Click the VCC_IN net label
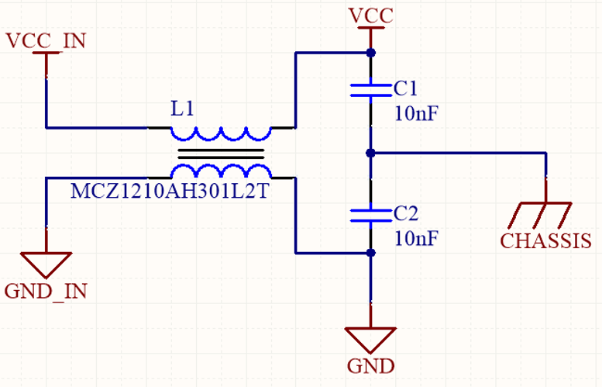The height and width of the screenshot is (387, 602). pyautogui.click(x=46, y=40)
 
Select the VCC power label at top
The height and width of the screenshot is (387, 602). pyautogui.click(x=371, y=15)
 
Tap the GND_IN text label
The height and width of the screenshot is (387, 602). pyautogui.click(x=46, y=292)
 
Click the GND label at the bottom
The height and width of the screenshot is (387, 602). pyautogui.click(x=371, y=366)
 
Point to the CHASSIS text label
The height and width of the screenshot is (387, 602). pyautogui.click(x=545, y=241)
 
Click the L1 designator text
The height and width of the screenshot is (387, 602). pyautogui.click(x=183, y=109)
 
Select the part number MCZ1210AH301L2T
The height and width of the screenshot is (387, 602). pyautogui.click(x=170, y=192)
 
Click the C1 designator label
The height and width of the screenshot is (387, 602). pyautogui.click(x=405, y=86)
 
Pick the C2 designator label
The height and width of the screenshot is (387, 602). pyautogui.click(x=405, y=213)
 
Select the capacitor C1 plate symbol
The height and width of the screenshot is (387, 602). pyautogui.click(x=371, y=89)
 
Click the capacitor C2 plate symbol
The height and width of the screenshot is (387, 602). pyautogui.click(x=371, y=214)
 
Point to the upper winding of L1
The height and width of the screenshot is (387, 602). pyautogui.click(x=220, y=133)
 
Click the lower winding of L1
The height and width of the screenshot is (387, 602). pyautogui.click(x=220, y=171)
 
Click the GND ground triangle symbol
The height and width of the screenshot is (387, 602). pyautogui.click(x=371, y=339)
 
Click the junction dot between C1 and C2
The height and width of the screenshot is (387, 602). pyautogui.click(x=371, y=152)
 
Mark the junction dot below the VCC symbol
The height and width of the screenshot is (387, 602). pyautogui.click(x=371, y=53)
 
